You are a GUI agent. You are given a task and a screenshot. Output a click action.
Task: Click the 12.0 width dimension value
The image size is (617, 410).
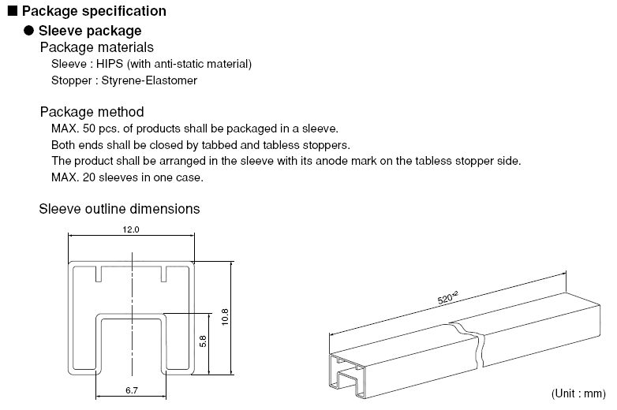click(x=131, y=229)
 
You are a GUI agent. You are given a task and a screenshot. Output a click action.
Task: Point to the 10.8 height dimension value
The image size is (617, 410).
click(x=225, y=317)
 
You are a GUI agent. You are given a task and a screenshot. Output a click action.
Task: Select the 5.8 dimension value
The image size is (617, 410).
click(x=203, y=341)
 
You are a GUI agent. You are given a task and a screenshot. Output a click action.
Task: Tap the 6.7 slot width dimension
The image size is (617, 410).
click(x=132, y=390)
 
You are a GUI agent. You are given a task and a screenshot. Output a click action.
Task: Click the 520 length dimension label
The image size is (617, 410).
click(x=447, y=297)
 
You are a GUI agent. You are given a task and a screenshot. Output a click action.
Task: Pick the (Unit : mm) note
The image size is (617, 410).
click(x=578, y=393)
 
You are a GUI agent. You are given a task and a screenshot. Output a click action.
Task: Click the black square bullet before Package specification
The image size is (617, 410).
click(x=13, y=10)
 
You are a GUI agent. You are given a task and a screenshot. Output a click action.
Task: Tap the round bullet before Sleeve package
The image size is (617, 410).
click(x=28, y=30)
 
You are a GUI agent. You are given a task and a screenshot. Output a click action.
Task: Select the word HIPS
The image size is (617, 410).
click(x=110, y=64)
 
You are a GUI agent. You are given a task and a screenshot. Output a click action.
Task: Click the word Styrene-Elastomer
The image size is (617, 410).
click(x=149, y=80)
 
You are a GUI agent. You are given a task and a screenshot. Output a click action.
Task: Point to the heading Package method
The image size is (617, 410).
click(x=92, y=112)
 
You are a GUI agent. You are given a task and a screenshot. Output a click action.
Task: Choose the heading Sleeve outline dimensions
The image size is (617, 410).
click(x=119, y=209)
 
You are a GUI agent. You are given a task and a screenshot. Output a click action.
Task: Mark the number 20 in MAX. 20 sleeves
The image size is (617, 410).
click(x=89, y=177)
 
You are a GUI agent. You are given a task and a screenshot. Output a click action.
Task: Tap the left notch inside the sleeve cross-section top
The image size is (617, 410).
click(x=99, y=274)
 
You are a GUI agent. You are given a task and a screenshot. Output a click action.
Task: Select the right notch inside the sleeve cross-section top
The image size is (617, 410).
click(x=164, y=274)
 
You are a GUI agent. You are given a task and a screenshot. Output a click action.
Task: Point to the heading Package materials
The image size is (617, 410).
click(x=97, y=47)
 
